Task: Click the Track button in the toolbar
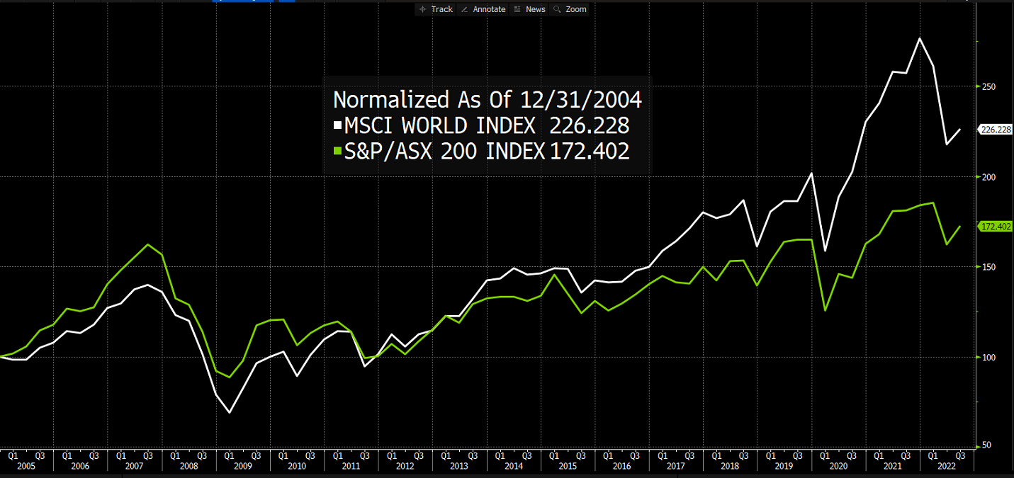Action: [x=436, y=9]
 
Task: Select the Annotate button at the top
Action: [x=483, y=9]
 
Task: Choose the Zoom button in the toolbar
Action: [x=570, y=9]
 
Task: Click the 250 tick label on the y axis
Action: [x=988, y=87]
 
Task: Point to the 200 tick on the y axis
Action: [x=988, y=177]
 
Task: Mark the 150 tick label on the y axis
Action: [x=988, y=267]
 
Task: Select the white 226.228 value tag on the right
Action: [x=995, y=130]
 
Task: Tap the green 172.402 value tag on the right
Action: [x=995, y=227]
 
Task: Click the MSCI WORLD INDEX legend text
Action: [x=439, y=126]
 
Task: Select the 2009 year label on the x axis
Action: [x=242, y=467]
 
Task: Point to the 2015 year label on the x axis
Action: [x=567, y=467]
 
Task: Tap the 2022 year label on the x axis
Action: [x=947, y=467]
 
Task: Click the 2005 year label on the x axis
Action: [x=26, y=467]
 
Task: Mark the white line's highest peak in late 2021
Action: [x=920, y=38]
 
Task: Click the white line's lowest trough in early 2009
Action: [x=230, y=412]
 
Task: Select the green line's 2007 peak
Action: [x=147, y=244]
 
